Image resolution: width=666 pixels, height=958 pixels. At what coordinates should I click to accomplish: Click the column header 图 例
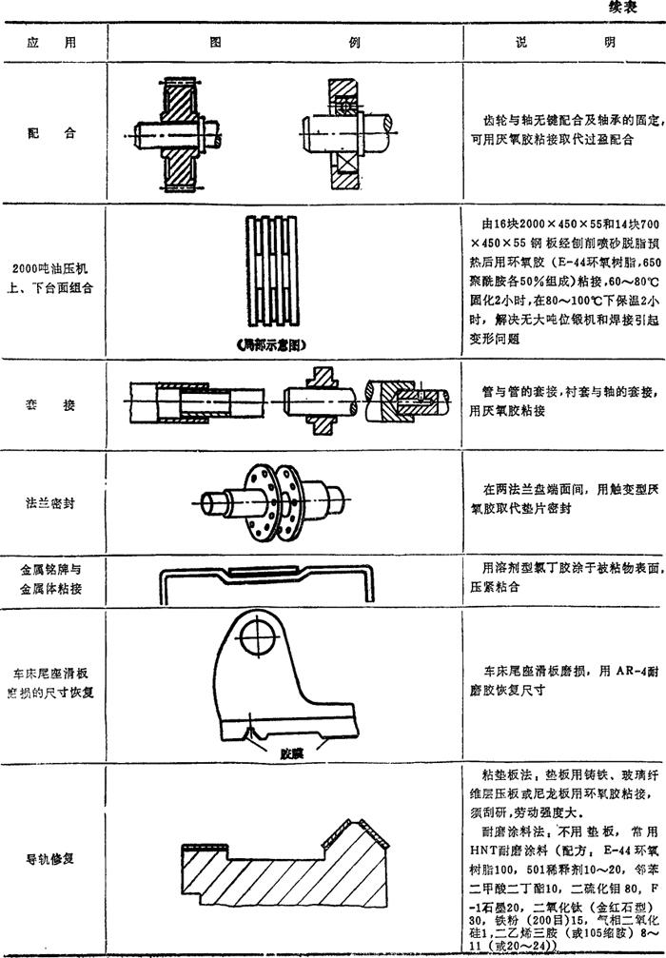tap(284, 43)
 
